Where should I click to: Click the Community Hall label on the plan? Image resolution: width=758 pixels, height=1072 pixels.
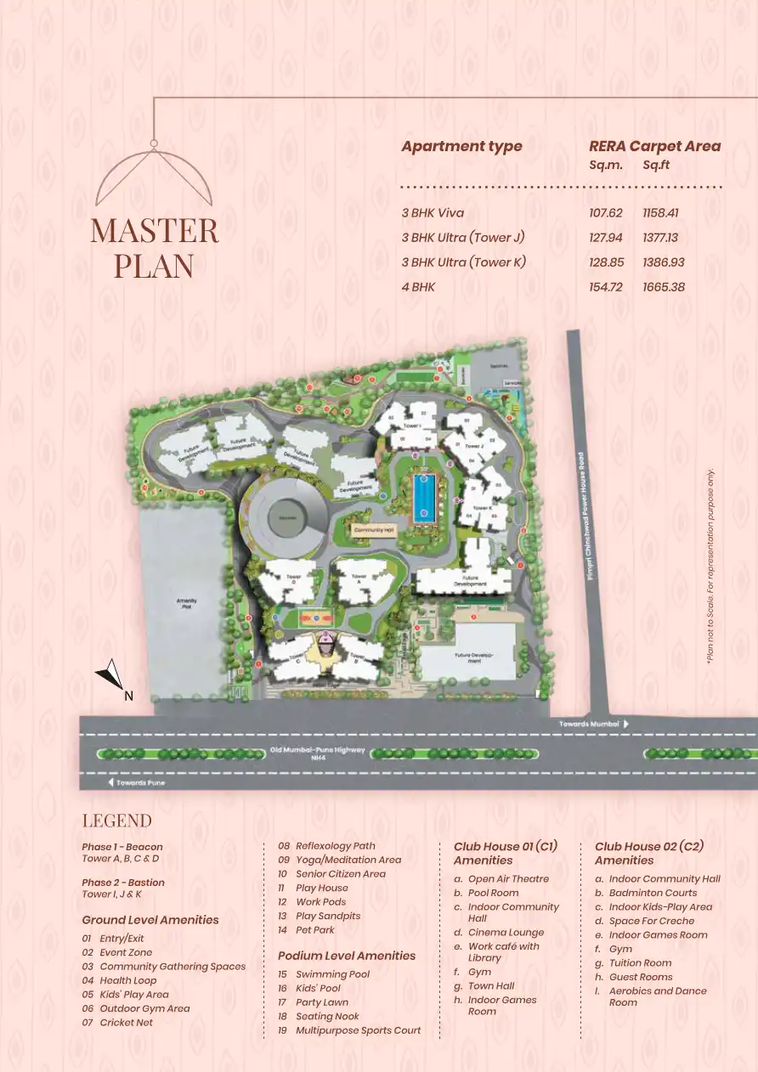point(373,528)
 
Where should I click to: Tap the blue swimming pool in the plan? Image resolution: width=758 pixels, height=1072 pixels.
point(424,498)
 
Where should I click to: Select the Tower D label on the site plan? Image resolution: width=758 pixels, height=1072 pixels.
point(294,578)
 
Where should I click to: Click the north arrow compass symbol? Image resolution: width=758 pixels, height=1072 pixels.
point(110,677)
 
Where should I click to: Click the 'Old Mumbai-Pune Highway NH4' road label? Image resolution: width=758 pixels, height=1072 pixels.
point(318,753)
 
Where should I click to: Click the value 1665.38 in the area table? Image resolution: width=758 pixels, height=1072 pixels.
point(664,287)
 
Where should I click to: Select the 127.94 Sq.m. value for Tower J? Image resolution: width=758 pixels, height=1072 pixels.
point(605,238)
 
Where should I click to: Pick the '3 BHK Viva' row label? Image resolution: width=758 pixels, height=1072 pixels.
point(433,213)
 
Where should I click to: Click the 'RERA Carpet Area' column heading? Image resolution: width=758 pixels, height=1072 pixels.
point(654,146)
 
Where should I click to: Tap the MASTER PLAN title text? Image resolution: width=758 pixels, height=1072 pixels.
point(154,248)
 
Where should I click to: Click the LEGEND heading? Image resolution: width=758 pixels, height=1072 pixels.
point(116,821)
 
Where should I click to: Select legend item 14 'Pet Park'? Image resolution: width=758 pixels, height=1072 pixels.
point(315,930)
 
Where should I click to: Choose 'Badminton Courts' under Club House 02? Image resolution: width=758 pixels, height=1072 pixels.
point(653,893)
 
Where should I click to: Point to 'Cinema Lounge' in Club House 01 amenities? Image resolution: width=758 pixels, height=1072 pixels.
point(506,932)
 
